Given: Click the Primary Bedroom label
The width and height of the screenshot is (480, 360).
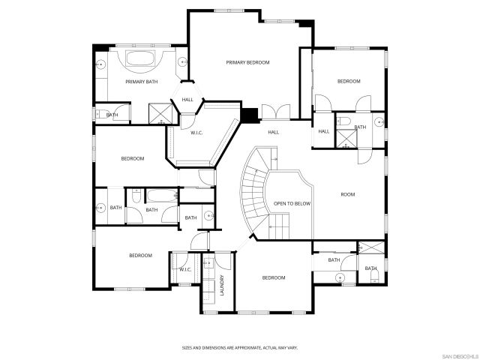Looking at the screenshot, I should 247,63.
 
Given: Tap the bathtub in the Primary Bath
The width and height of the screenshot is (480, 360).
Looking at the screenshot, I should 141,59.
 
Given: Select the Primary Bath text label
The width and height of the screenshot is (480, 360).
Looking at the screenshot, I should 141,82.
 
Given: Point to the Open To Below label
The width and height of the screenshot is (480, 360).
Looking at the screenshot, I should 292,203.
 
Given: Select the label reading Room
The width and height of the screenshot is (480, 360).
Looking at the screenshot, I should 347,195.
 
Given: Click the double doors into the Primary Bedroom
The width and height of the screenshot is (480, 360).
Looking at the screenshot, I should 276,112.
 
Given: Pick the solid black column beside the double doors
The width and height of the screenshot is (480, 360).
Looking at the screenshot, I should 249,115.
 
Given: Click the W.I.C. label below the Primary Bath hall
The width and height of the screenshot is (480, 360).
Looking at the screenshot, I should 196,133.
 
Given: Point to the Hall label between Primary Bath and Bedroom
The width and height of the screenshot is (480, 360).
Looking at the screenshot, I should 187,100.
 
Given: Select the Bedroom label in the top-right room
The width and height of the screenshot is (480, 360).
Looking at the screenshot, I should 348,81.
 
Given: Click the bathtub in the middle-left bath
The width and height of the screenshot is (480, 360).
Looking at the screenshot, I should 159,196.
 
